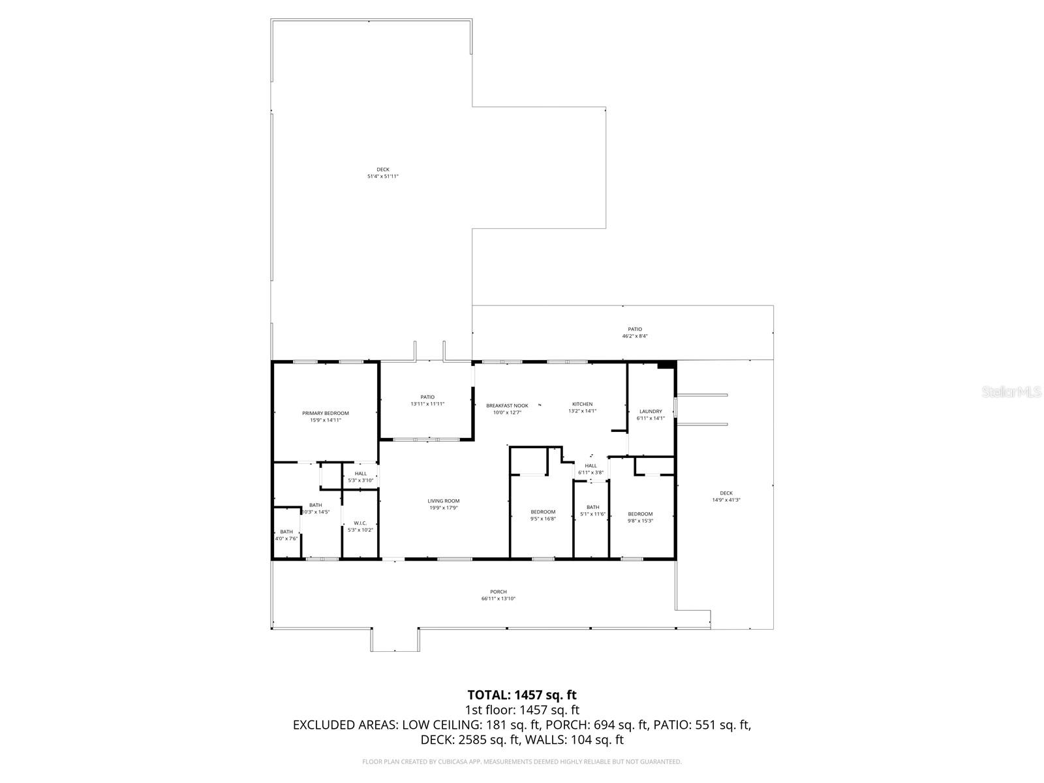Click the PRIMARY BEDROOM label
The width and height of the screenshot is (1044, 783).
click(325, 413)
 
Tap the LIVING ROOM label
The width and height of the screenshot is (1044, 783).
click(444, 501)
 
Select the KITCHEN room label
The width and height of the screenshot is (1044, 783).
click(582, 405)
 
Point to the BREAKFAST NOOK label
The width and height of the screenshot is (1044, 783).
click(507, 405)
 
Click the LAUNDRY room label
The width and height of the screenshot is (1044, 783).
click(651, 412)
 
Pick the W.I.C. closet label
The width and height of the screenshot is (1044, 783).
click(360, 523)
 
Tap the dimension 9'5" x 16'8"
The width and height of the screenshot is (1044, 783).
click(543, 519)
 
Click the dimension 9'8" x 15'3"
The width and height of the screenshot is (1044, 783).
click(640, 521)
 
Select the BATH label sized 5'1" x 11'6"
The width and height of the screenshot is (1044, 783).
click(592, 507)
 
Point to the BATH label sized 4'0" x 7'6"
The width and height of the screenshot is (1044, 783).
click(286, 532)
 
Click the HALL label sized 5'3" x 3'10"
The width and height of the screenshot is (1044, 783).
click(360, 474)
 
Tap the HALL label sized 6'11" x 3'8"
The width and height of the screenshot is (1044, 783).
click(591, 466)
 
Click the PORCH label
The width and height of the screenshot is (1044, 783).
click(499, 592)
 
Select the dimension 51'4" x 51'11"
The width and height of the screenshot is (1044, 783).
click(383, 177)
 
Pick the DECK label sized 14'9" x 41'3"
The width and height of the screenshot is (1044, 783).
click(726, 493)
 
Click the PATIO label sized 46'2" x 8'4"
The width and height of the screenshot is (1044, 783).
click(635, 330)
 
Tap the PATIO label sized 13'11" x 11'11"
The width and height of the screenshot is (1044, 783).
click(427, 397)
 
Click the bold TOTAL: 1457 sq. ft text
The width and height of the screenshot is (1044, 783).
click(522, 695)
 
